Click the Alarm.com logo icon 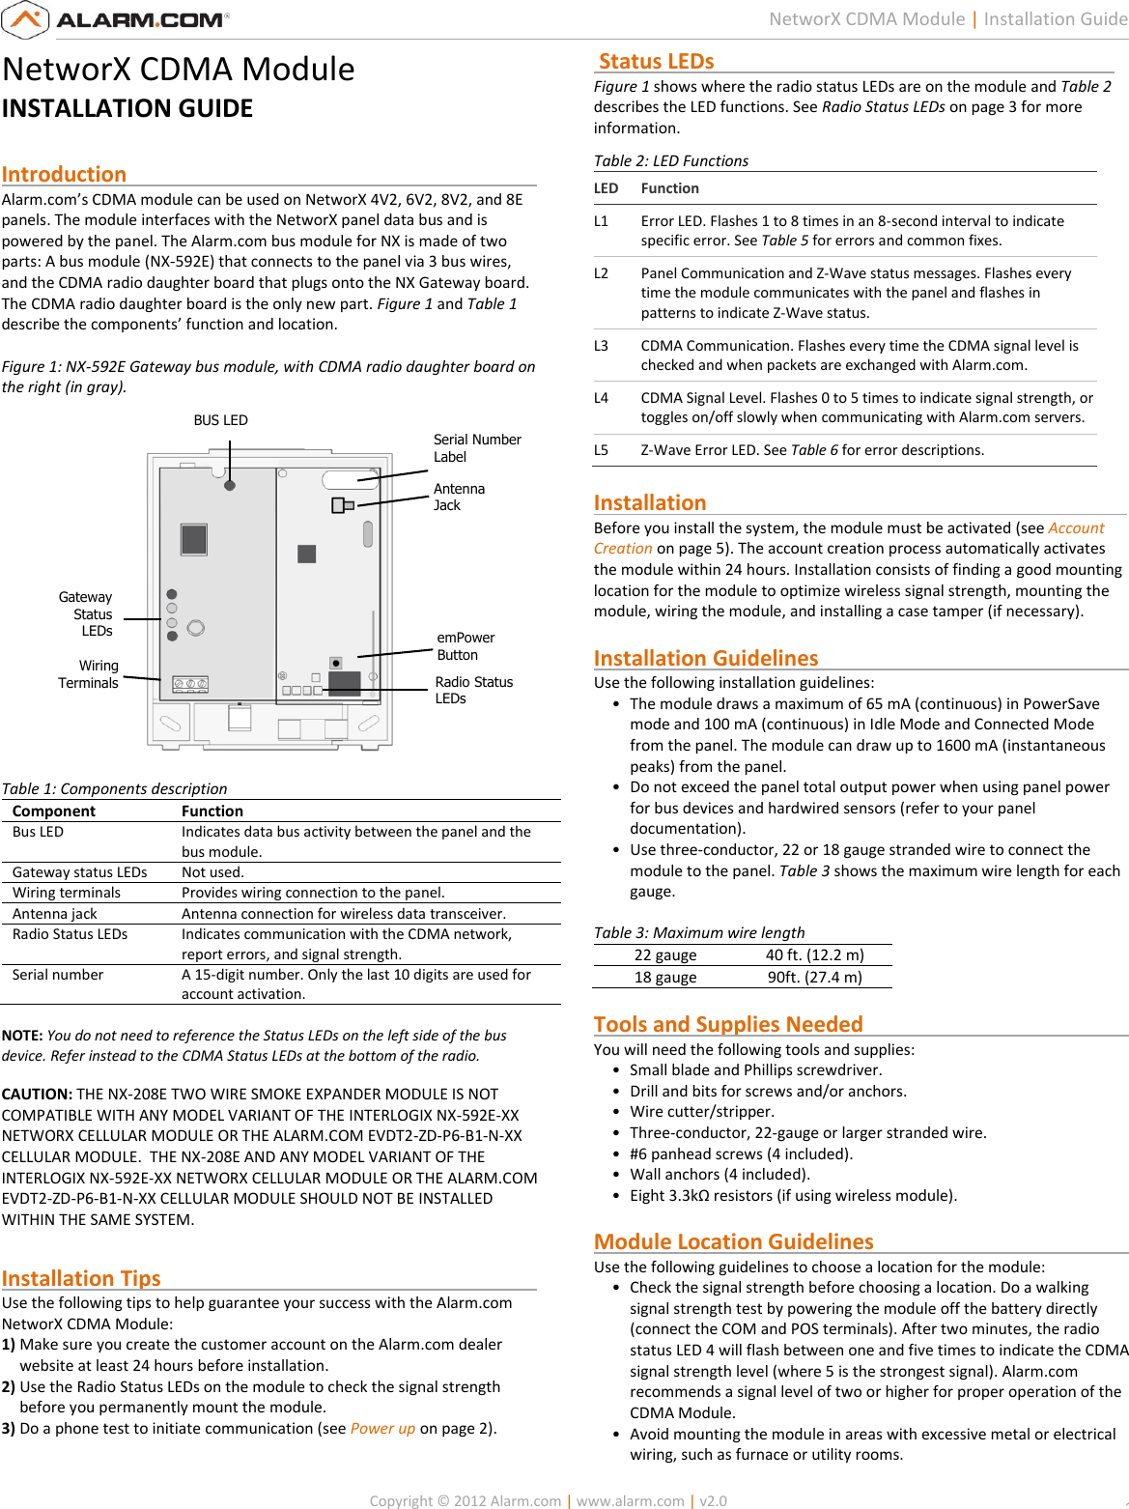coord(25,19)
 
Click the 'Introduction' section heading coord(64,174)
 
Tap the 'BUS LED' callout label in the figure coord(220,420)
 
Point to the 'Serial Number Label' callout coord(477,448)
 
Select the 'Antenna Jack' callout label coord(459,497)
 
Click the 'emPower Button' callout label coord(466,646)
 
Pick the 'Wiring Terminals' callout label coord(88,674)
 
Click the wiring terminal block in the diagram coord(190,684)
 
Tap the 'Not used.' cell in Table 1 coord(212,872)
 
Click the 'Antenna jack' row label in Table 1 coord(55,914)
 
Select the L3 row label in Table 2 coord(601,346)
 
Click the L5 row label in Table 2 coord(601,450)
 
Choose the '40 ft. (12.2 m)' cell coord(814,955)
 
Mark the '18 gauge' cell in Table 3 coord(664,977)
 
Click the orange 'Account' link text coord(1076,527)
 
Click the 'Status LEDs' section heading coord(656,62)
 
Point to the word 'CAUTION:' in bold coord(37,1094)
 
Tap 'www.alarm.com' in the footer coord(630,1500)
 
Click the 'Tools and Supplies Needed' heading coord(728,1024)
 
